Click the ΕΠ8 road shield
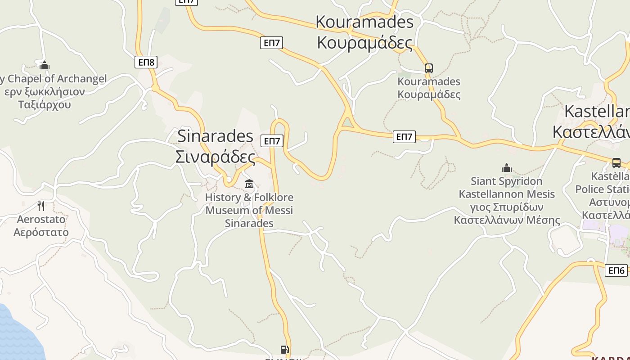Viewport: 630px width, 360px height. click(146, 62)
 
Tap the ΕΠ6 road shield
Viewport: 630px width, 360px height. click(616, 270)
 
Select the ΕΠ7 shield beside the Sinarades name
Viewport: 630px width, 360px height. click(272, 141)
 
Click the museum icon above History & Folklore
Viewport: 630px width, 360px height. click(249, 184)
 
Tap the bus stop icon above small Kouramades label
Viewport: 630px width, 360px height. click(428, 68)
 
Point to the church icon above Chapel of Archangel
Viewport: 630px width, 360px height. click(44, 66)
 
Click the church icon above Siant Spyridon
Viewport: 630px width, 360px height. click(507, 168)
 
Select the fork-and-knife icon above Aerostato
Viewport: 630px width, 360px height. click(41, 206)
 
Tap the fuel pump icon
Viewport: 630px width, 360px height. click(284, 350)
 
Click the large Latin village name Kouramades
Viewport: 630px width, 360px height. click(364, 22)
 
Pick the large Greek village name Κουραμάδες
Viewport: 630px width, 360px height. click(364, 43)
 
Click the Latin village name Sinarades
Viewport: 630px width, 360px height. click(216, 135)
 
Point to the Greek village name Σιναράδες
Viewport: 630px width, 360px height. click(215, 157)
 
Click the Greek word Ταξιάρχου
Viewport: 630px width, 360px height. click(45, 105)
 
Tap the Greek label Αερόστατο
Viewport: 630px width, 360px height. click(41, 232)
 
